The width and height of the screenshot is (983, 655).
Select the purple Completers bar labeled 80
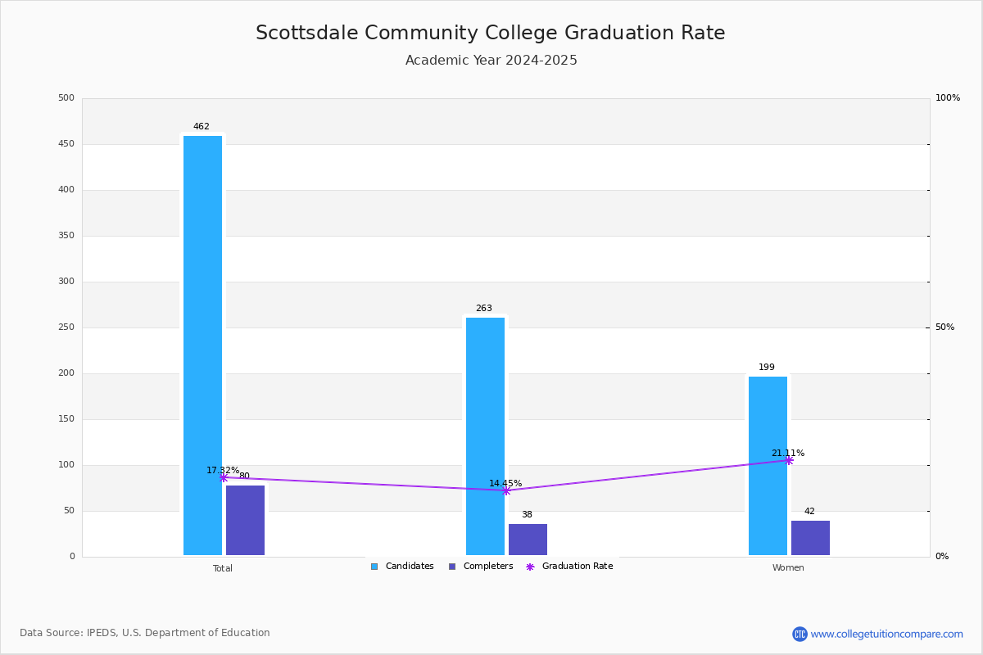[x=245, y=521]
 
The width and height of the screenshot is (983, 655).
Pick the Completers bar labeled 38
[x=528, y=540]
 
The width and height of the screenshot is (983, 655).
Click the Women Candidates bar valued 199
[x=768, y=466]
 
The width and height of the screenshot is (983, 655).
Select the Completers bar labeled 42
[x=810, y=538]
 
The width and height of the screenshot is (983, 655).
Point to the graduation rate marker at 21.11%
[x=788, y=460]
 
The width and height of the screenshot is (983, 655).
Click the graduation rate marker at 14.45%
[x=505, y=490]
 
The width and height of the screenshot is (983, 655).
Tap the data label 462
[x=202, y=127]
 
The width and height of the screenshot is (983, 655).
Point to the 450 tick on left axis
[x=66, y=144]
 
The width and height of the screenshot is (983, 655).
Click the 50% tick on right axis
[x=944, y=327]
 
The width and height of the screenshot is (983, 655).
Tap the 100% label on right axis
[x=947, y=98]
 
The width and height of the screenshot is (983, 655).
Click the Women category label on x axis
[x=788, y=568]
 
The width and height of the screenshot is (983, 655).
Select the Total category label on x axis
[x=223, y=568]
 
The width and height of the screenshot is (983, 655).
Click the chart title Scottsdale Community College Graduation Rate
[x=490, y=34]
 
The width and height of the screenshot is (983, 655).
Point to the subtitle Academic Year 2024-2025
[x=491, y=61]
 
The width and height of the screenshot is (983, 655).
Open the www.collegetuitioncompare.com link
[x=886, y=634]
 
